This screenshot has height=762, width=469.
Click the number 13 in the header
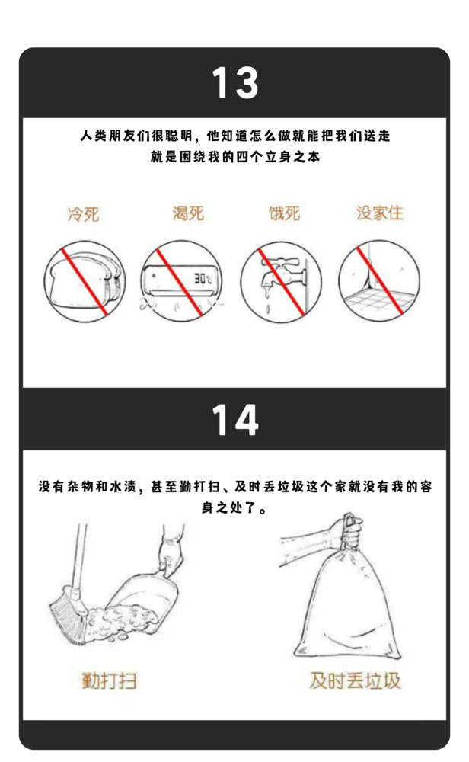pos(234,83)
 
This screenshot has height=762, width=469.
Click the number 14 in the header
pos(234,420)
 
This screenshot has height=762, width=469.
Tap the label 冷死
pos(83,213)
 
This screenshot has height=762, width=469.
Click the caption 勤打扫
pos(109,680)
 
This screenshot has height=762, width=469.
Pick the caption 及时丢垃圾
pos(355,680)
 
